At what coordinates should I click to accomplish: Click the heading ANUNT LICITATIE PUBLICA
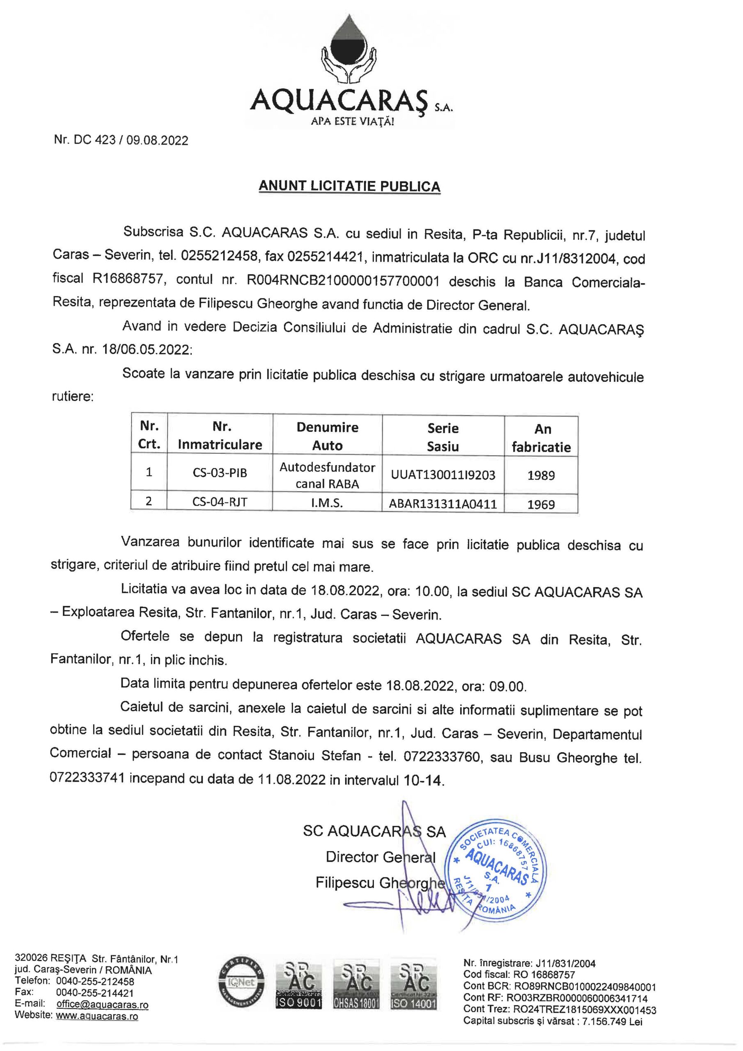coord(349,186)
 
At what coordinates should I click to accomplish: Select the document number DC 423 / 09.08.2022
coord(121,140)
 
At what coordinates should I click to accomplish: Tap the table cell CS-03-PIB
coord(220,473)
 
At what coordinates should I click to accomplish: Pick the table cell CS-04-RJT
coord(220,502)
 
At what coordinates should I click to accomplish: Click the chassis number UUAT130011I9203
coord(443,475)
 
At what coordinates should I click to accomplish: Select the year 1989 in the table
coord(541,475)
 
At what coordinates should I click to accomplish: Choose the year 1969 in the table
coord(541,505)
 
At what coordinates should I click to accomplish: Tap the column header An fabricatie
coord(541,438)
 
